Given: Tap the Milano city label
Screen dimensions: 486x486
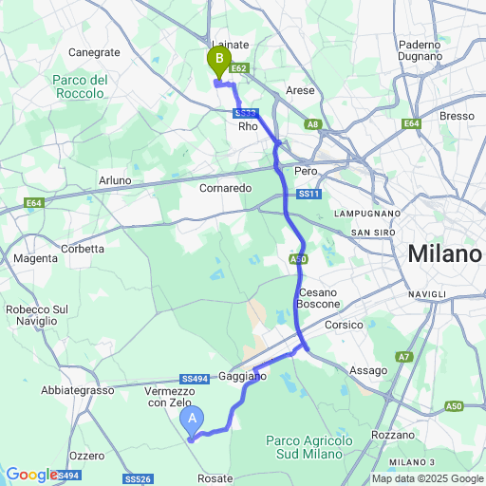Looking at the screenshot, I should [x=444, y=254].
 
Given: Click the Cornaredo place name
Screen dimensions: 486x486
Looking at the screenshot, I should [x=226, y=188].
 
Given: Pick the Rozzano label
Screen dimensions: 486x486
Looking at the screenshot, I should [x=390, y=434].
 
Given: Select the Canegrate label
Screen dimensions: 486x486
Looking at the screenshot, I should [x=94, y=52].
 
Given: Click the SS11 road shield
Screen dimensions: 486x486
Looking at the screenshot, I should [x=307, y=195].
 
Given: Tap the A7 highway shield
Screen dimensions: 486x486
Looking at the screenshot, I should [x=404, y=357].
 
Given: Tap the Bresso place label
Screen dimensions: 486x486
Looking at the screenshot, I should [x=457, y=115].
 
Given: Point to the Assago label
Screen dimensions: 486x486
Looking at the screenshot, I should [x=368, y=370].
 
